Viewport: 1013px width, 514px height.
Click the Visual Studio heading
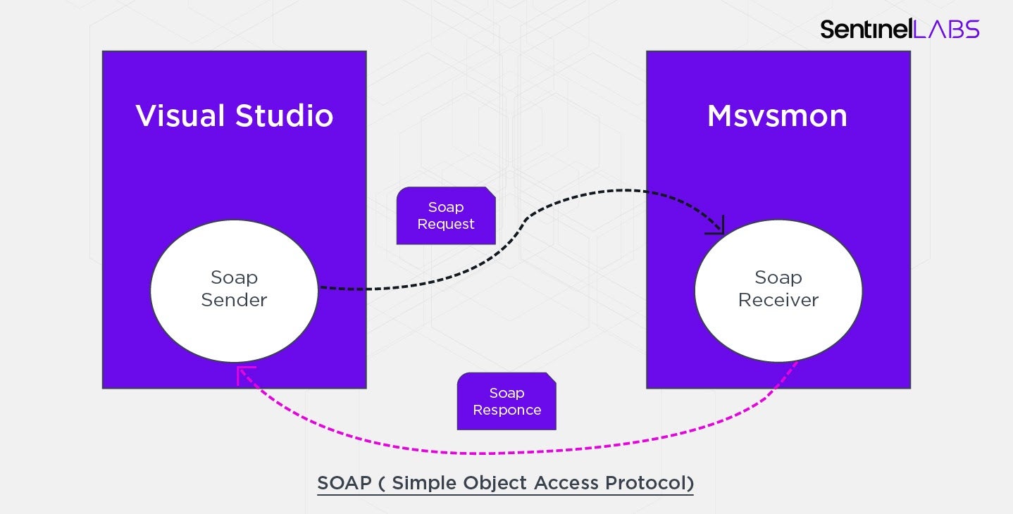point(234,116)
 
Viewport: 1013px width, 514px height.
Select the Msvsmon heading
point(777,116)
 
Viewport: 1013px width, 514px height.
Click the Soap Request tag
point(446,215)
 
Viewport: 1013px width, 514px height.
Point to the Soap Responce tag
point(506,401)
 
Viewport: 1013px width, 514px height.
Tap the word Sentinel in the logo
point(866,29)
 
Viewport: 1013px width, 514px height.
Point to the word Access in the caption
point(565,483)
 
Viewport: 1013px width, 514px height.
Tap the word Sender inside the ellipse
point(234,300)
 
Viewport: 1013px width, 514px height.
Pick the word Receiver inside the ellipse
point(778,300)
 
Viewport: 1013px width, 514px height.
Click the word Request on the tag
point(446,224)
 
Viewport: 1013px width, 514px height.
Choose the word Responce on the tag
point(506,410)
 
